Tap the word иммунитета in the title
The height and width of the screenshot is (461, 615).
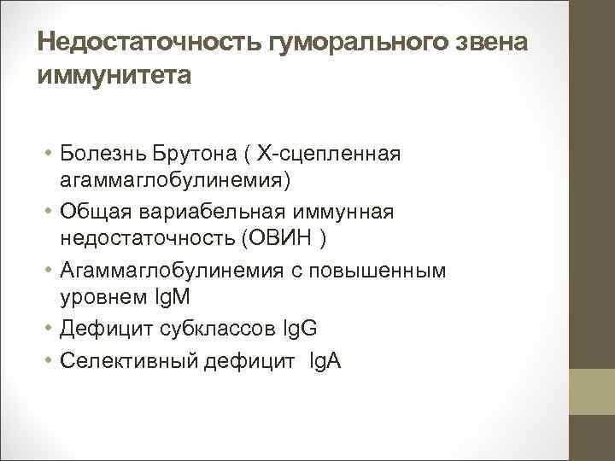(x=115, y=76)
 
